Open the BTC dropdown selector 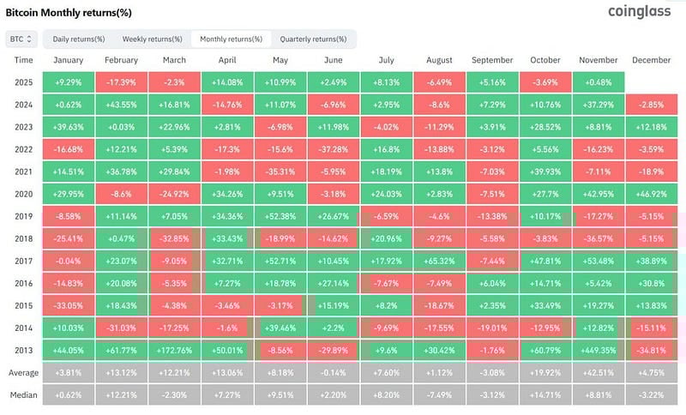pyautogui.click(x=21, y=39)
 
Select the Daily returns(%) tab pyautogui.click(x=79, y=39)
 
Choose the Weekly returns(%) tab pyautogui.click(x=152, y=39)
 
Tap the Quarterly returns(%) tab pyautogui.click(x=313, y=39)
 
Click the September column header pyautogui.click(x=492, y=60)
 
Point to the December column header pyautogui.click(x=654, y=60)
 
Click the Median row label pyautogui.click(x=24, y=394)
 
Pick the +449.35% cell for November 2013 pyautogui.click(x=600, y=349)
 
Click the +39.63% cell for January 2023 pyautogui.click(x=68, y=127)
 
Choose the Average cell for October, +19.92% pyautogui.click(x=546, y=372)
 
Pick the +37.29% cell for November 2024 pyautogui.click(x=600, y=105)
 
